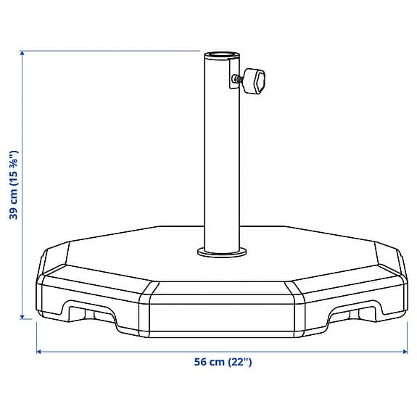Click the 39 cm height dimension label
coord(14,185)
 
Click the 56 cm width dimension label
coord(223,362)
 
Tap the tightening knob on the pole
coord(255,81)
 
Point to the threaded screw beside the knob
coord(236,79)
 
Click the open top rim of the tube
coord(222,55)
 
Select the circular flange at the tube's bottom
coord(222,252)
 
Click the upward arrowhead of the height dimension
coord(22,53)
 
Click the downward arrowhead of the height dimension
coord(22,316)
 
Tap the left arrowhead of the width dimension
coord(38,352)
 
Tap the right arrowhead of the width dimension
coord(405,352)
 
